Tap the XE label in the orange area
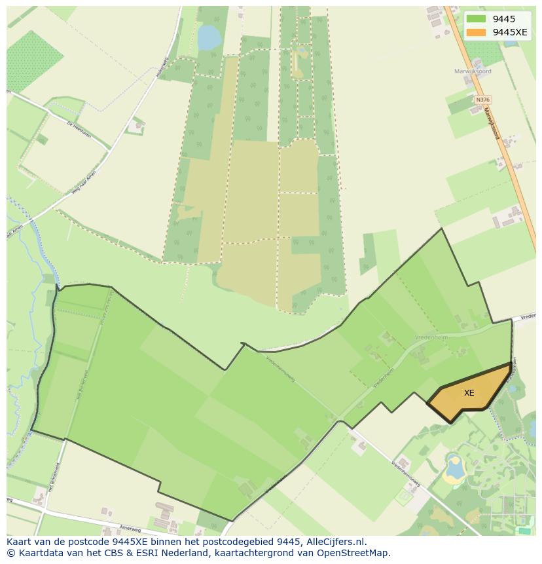[469, 393]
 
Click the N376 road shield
[482, 100]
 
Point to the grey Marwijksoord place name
[473, 71]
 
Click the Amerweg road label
[131, 527]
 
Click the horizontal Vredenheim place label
[429, 337]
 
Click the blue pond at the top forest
[209, 38]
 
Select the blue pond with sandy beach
[454, 467]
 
